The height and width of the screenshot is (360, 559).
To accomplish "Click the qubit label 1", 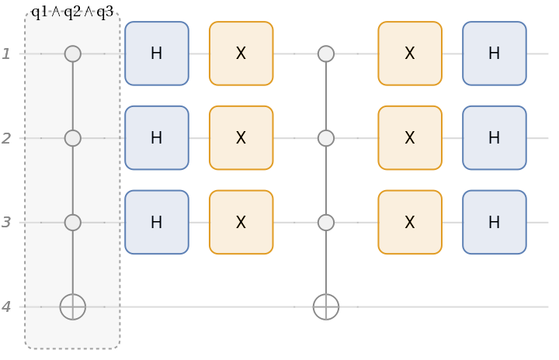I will (6, 54).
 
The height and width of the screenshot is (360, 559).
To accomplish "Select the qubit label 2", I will (6, 138).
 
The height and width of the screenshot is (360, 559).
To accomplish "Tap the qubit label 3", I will (6, 223).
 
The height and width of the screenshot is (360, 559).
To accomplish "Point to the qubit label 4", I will (6, 307).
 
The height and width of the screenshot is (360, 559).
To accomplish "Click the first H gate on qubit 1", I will (157, 54).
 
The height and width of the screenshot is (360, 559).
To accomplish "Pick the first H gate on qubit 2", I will (157, 138).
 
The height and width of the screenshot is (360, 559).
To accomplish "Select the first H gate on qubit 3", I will (157, 223).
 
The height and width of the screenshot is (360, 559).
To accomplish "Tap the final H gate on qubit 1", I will (495, 54).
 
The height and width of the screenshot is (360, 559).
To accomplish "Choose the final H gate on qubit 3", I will (495, 223).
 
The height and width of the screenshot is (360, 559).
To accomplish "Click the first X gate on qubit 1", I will (241, 54).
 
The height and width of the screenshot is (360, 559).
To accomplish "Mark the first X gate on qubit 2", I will (241, 138).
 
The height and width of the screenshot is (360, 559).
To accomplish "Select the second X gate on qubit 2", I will (410, 138).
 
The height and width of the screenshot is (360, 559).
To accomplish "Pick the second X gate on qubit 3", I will (410, 223).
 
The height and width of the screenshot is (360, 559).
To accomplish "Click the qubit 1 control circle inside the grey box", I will (72, 54).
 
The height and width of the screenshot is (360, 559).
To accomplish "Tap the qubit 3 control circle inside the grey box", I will (72, 223).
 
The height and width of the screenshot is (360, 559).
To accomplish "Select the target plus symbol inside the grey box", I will (72, 307).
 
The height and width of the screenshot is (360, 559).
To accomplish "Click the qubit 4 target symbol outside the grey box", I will (326, 307).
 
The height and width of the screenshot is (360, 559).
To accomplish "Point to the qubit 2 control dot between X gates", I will (326, 138).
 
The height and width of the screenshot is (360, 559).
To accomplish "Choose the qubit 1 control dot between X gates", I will (326, 54).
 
